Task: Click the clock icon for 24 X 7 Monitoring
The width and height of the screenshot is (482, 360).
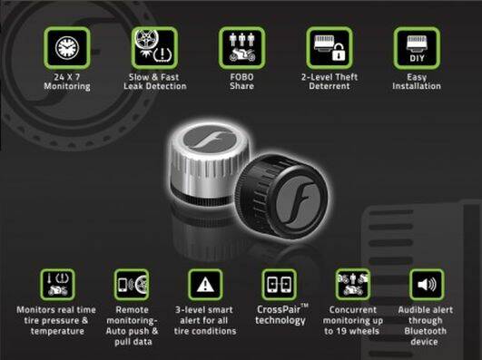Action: (67, 48)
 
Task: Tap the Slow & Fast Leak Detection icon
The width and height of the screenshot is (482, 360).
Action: (154, 48)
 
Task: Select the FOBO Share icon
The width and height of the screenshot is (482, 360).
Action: (242, 48)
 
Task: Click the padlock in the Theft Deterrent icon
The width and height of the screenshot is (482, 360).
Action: (339, 52)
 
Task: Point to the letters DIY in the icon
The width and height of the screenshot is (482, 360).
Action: (417, 58)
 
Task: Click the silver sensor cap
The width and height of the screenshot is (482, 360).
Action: (210, 164)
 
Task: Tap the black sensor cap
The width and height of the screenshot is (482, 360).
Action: (281, 193)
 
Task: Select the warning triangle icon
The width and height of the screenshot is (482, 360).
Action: (205, 285)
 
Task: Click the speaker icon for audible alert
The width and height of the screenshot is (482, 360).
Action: (427, 285)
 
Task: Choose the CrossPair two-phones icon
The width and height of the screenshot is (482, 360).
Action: (279, 285)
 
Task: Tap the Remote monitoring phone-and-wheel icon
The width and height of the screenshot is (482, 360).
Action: (132, 285)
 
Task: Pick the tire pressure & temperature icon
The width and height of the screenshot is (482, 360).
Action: (57, 285)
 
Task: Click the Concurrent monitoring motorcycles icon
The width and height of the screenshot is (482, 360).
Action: (353, 285)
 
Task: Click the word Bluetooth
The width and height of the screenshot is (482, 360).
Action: (425, 331)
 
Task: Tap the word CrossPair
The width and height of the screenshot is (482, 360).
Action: (279, 309)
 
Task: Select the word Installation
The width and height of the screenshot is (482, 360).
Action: (417, 86)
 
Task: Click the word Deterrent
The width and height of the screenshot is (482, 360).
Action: (330, 86)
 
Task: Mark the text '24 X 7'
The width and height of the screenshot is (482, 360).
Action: (67, 77)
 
